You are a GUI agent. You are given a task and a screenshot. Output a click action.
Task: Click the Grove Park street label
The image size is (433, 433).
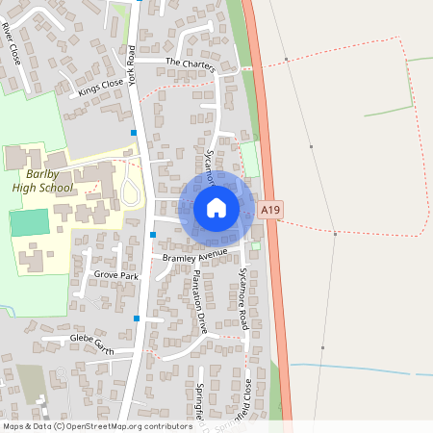(116, 275)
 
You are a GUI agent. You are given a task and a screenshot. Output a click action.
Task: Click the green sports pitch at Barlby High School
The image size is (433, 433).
(29, 222)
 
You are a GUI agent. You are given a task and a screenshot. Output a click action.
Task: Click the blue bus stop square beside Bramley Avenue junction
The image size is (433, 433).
(153, 234)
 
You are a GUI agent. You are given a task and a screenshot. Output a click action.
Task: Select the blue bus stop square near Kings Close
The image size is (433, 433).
(134, 132)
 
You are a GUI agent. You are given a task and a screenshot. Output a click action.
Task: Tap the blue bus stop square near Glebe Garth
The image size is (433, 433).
(137, 318)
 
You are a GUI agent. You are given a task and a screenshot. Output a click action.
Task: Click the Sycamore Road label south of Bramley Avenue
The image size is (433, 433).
(243, 299)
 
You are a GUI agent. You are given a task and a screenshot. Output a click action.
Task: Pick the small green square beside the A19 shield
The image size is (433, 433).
(256, 246)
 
